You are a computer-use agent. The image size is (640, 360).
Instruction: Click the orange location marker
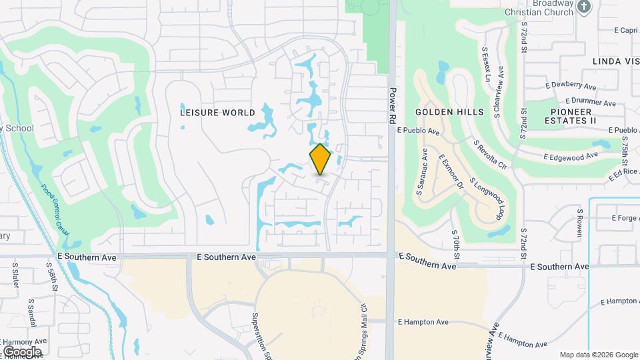pyautogui.click(x=321, y=159)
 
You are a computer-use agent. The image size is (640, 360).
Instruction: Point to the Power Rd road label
pyautogui.click(x=393, y=103)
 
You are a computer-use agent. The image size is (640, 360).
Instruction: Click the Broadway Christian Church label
pyautogui.click(x=540, y=8)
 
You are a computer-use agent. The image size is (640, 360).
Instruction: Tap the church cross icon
pyautogui.click(x=584, y=7)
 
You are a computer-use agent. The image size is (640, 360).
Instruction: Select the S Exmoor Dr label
pyautogui.click(x=451, y=171)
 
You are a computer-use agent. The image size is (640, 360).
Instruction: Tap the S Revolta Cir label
pyautogui.click(x=490, y=153)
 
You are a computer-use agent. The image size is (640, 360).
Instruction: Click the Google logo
pyautogui.click(x=22, y=351)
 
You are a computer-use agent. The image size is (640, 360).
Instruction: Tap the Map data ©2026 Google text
pyautogui.click(x=598, y=355)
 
